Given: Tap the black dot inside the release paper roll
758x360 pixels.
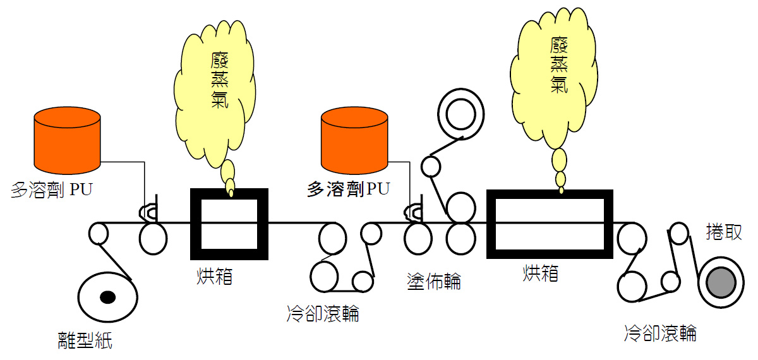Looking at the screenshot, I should (107, 297).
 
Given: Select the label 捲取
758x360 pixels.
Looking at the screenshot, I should (723, 232).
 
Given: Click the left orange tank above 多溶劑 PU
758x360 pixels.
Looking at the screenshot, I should (67, 140).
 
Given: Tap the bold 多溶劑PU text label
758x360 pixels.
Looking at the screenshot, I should (348, 189).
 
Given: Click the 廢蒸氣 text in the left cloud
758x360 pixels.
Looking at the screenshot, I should (218, 80).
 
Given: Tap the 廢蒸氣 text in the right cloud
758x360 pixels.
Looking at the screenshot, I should (556, 64).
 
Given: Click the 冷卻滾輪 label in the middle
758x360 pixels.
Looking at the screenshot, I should (322, 313).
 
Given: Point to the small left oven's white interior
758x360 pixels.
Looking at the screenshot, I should (229, 224).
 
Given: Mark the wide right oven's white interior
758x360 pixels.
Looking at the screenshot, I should (549, 224).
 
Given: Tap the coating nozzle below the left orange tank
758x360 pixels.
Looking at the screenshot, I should (149, 212).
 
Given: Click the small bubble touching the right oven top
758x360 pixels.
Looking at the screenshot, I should (561, 189).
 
